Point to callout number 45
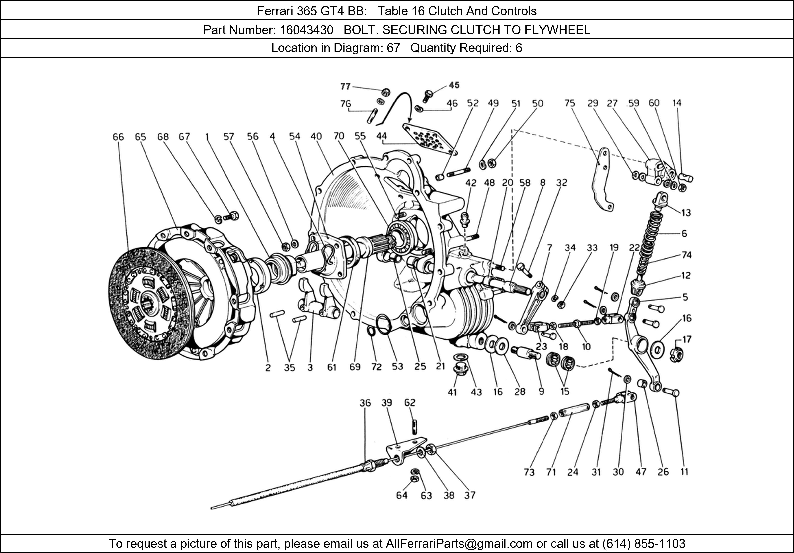coord(454,85)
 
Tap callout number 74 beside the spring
coord(686,255)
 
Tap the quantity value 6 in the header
coord(519,48)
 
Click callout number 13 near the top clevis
coord(686,213)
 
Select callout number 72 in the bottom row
coord(376,367)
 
